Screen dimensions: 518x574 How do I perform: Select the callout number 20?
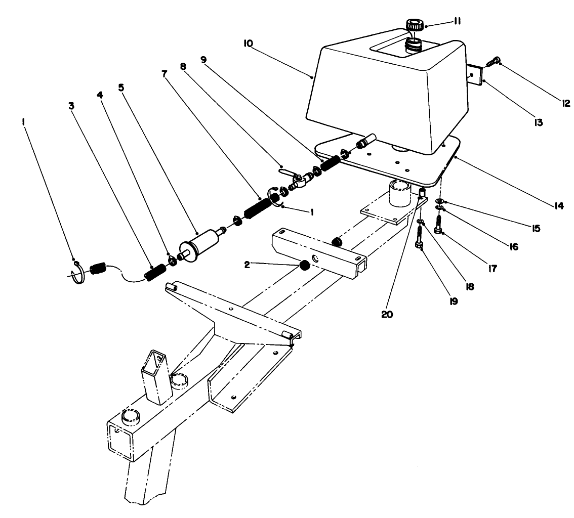pyautogui.click(x=387, y=313)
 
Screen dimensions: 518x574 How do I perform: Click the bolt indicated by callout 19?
pyautogui.click(x=420, y=238)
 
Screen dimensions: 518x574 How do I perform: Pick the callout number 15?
pyautogui.click(x=536, y=228)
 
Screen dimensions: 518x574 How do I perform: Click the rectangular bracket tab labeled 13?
pyautogui.click(x=474, y=75)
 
